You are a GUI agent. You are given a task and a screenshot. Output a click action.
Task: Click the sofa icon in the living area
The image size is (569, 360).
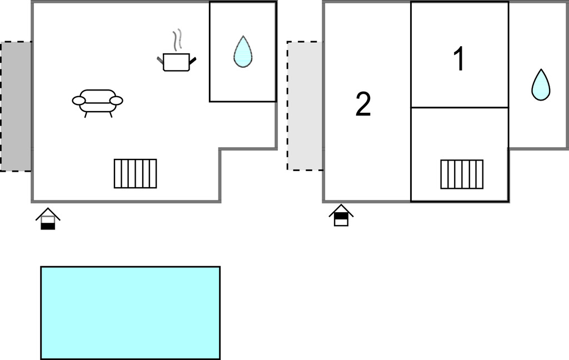pos(97,102)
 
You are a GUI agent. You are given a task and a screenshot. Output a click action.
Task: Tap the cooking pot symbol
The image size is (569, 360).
pos(176,62)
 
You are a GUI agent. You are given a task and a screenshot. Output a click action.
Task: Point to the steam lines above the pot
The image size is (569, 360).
pos(177,40)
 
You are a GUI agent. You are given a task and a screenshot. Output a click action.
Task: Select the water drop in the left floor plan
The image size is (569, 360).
pos(242,52)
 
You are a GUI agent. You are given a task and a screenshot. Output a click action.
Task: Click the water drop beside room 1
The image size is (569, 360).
pos(540,86)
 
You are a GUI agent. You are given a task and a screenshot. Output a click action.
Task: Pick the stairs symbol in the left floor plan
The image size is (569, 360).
pos(136,173)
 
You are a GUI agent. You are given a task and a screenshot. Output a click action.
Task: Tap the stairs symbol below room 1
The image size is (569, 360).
pos(462,174)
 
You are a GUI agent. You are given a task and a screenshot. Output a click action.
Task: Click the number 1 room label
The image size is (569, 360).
pos(459,59)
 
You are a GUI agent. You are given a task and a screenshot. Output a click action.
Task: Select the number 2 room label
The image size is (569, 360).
pos(363,104)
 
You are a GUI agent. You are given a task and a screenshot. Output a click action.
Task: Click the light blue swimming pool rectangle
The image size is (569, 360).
pos(130,312)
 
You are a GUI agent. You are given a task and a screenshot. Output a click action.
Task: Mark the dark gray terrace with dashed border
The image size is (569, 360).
pos(16,106)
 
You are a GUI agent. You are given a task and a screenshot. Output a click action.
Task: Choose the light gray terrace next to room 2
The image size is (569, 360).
pos(305,106)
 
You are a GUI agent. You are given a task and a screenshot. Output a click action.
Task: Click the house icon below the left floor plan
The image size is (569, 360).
pos(48,219)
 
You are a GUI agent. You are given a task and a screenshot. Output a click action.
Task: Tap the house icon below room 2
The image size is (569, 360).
pos(341,216)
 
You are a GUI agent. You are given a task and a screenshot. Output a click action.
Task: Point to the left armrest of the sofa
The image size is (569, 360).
pos(79,101)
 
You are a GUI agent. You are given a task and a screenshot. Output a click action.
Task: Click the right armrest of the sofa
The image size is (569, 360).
pos(116,101)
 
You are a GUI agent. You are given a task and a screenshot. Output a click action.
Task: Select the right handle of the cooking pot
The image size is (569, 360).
pos(193,61)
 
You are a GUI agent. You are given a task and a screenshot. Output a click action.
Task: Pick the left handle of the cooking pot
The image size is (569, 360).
pos(160,59)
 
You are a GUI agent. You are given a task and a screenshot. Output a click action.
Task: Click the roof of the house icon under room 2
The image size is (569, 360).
pos(341,209)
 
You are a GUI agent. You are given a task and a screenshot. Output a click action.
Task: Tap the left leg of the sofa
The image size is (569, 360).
pos(86,114)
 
